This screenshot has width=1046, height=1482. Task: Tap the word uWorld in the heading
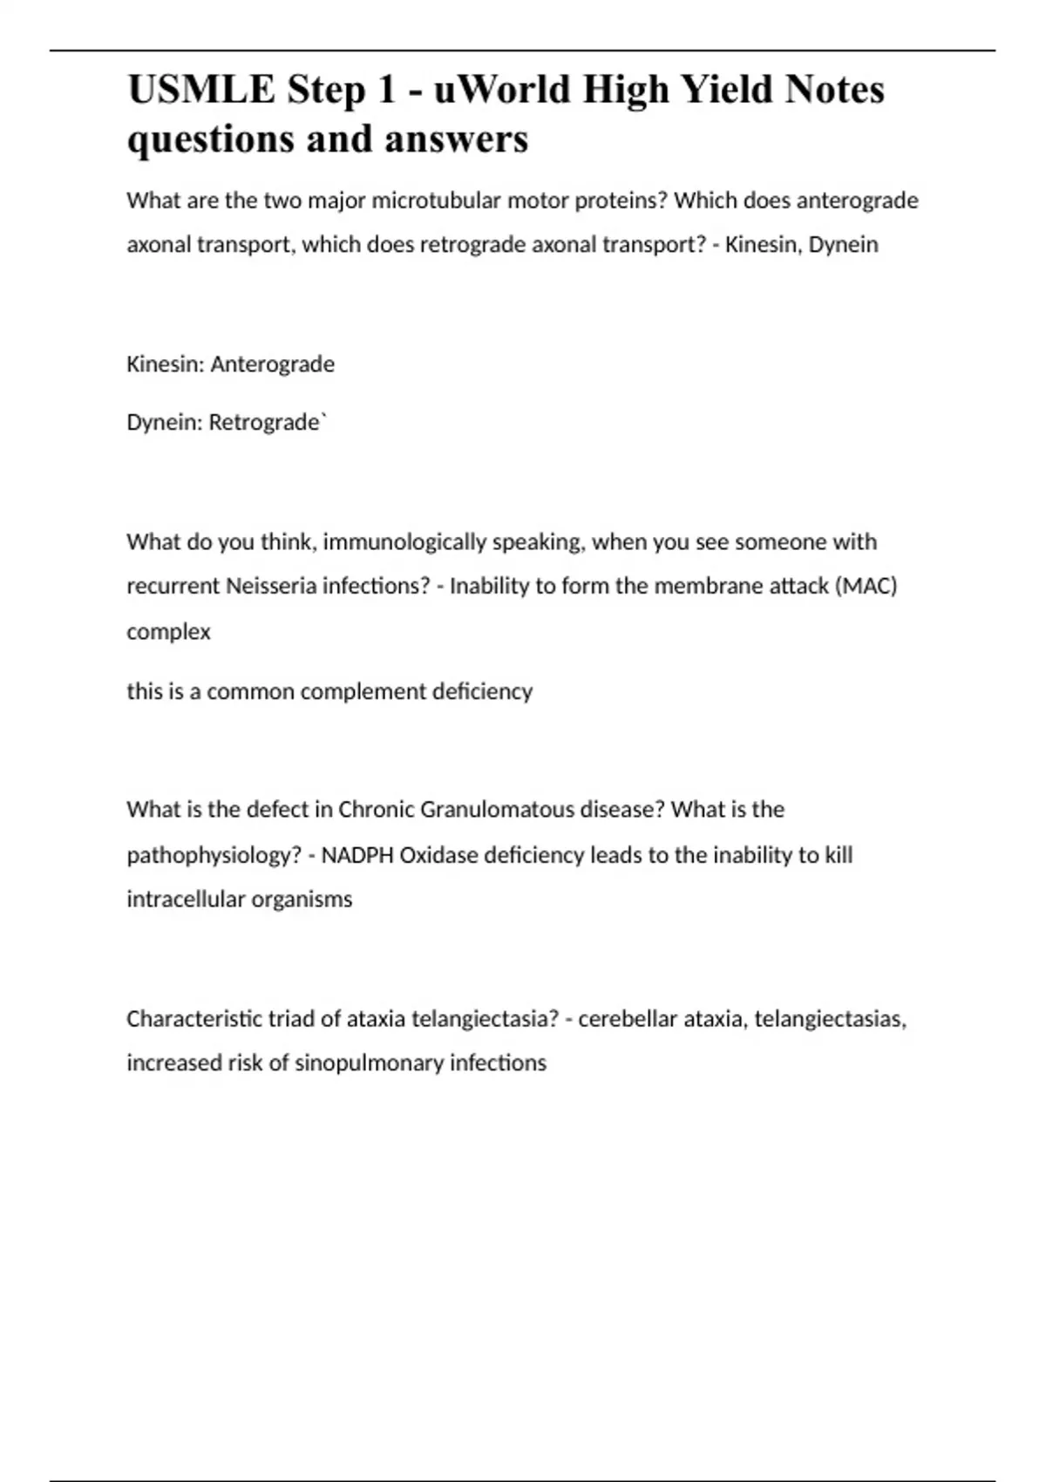click(501, 90)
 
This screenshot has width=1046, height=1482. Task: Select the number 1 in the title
click(386, 90)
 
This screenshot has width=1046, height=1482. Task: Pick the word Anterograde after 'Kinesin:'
click(272, 364)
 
